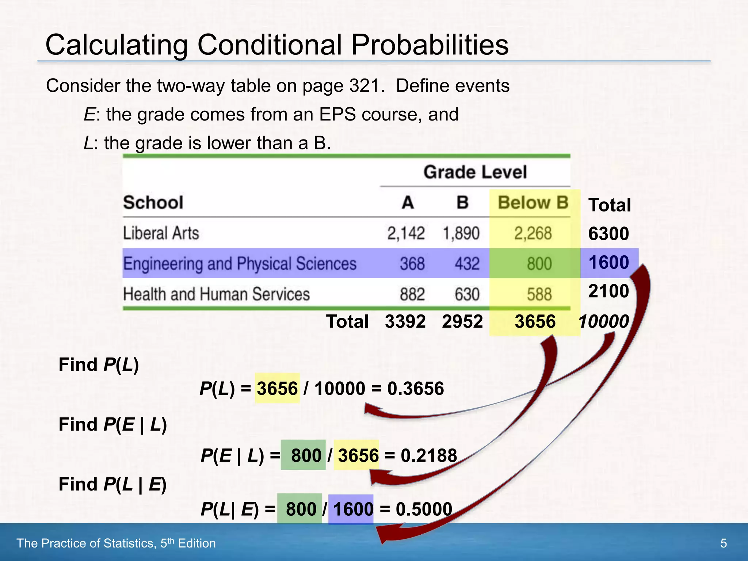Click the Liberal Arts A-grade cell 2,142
point(406,233)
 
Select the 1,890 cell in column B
point(461,233)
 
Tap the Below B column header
point(533,202)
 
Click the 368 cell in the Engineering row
point(412,263)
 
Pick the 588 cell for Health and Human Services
point(539,294)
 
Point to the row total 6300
point(608,233)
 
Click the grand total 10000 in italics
point(603,321)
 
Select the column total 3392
point(405,321)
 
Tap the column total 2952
point(462,321)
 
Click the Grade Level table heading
point(475,172)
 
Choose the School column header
point(153,202)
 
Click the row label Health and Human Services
point(216,294)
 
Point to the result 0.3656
point(416,388)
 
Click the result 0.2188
point(429,455)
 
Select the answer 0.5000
point(424,509)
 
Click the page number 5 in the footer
point(723,543)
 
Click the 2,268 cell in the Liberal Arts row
point(533,233)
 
